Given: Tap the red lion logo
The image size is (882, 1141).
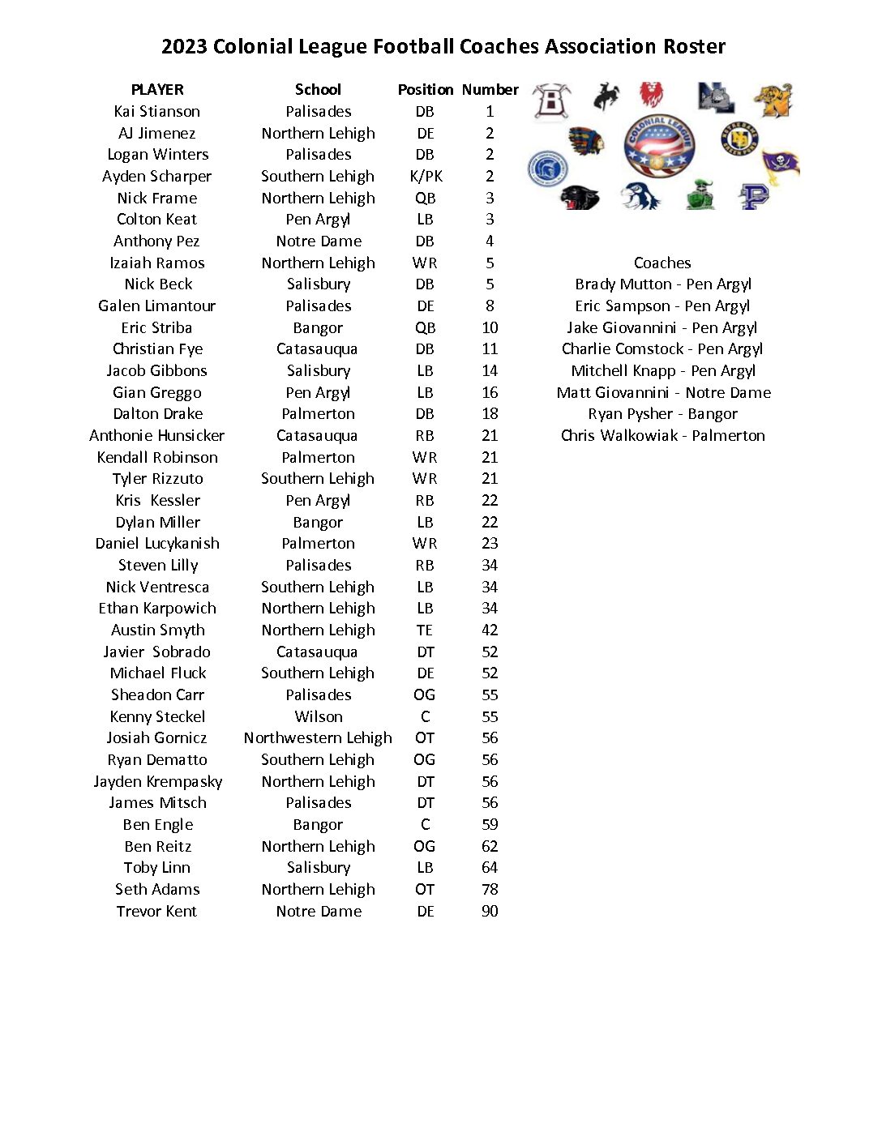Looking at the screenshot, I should coord(651,94).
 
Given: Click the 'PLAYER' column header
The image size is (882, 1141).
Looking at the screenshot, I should coord(157,90).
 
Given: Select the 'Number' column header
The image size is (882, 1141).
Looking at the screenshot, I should coord(490,90).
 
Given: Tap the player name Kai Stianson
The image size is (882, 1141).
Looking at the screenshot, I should coord(157,112).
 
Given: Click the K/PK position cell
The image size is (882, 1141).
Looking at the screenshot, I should coord(426,177).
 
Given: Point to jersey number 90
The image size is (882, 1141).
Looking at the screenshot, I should coord(490,912).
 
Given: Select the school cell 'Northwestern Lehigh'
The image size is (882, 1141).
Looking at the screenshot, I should coord(318,738).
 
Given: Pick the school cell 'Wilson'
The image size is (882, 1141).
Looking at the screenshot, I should coord(319,717).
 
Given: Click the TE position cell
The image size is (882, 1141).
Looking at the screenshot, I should coord(425,630).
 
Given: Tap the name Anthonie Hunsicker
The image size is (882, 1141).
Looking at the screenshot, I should coord(157,436).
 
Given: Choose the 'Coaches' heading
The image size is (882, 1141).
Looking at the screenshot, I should coord(662,263).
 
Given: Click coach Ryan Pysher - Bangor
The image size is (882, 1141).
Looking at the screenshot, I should coord(662,414).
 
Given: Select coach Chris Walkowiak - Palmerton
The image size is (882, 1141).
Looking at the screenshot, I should coord(662,436).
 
